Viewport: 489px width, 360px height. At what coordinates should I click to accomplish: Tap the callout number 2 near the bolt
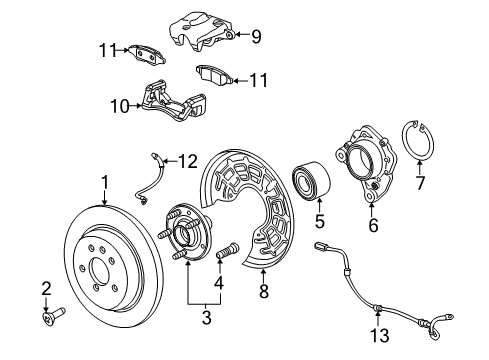(x=46, y=289)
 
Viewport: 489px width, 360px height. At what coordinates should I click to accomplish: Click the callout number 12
(x=188, y=159)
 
